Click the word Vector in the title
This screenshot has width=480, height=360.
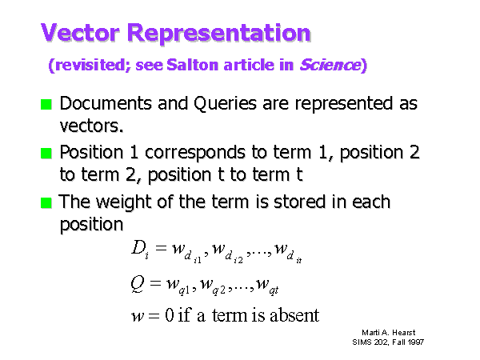80,33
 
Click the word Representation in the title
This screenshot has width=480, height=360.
219,34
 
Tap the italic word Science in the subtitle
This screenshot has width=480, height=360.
330,65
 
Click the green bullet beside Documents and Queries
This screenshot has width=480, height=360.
46,104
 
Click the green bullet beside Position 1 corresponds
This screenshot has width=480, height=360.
46,153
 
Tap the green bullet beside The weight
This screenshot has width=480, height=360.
46,202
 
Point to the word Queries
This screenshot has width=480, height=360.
225,104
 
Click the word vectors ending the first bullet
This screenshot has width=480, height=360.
91,126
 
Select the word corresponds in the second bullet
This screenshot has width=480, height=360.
195,153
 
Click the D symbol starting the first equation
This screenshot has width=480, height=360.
138,247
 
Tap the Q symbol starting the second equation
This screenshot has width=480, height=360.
137,284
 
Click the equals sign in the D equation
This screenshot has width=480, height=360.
161,248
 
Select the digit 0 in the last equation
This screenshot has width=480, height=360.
170,315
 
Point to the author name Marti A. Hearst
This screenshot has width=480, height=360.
389,333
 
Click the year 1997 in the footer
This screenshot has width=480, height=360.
416,342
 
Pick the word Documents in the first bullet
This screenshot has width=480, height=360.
106,103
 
